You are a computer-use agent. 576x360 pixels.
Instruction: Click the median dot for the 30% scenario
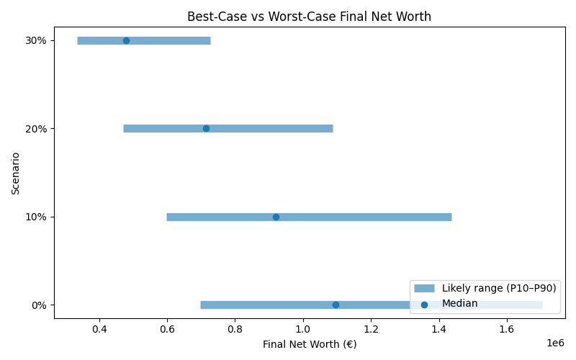coord(126,40)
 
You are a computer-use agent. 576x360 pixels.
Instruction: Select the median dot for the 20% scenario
coord(206,128)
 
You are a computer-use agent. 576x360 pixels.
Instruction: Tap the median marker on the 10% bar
coord(276,217)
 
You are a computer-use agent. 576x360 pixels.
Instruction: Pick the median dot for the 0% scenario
coord(336,305)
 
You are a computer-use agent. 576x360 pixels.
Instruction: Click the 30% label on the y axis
coord(36,40)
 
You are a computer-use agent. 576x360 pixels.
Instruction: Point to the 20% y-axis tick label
coord(36,128)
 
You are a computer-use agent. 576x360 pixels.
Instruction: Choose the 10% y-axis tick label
coord(36,217)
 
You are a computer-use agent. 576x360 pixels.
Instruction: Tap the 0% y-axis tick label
coord(39,305)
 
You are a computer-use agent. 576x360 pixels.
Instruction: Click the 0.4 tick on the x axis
coord(99,329)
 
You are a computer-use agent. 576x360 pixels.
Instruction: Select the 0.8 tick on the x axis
coord(235,329)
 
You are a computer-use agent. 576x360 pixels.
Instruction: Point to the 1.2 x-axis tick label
coord(371,329)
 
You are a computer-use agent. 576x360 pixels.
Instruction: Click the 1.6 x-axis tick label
coord(507,329)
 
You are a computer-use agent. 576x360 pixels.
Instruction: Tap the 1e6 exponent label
coord(554,343)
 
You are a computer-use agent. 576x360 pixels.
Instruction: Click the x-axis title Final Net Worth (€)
coord(310,344)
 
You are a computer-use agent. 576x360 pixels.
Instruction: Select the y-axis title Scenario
coord(16,173)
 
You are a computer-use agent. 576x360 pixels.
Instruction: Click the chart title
coord(310,17)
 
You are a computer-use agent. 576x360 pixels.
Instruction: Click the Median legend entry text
coord(459,304)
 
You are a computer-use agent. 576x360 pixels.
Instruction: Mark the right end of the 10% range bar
coord(451,217)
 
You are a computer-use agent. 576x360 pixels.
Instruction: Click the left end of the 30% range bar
coord(78,40)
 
